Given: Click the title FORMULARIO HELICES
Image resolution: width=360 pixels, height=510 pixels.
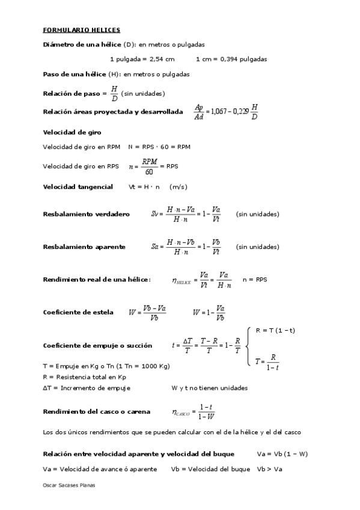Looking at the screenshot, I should pyautogui.click(x=82, y=29).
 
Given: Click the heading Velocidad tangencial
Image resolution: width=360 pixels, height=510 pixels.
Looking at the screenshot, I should pyautogui.click(x=78, y=187).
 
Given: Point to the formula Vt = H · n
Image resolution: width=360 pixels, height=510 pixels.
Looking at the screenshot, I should pyautogui.click(x=145, y=187).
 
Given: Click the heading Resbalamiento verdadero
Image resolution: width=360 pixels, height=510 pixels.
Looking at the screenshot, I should pyautogui.click(x=86, y=214).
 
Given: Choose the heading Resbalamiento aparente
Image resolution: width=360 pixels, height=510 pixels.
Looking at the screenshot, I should pyautogui.click(x=84, y=247).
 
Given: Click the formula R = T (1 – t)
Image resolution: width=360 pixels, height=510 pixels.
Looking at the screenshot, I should pyautogui.click(x=275, y=331).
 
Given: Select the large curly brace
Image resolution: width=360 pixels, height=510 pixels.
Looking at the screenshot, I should pyautogui.click(x=248, y=346).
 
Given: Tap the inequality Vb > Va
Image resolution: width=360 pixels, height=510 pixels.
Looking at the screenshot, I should pyautogui.click(x=270, y=469).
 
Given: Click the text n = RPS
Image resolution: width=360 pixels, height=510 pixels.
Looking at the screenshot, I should pyautogui.click(x=255, y=280).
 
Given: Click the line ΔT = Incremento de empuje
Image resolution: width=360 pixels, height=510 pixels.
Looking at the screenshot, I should pyautogui.click(x=87, y=388).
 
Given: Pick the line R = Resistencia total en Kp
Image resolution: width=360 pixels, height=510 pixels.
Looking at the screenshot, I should pyautogui.click(x=84, y=376).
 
